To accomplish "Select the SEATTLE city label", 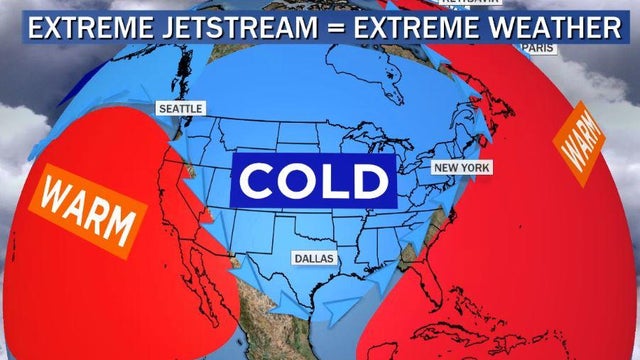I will tap(181, 108).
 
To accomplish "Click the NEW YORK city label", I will tap(461, 167).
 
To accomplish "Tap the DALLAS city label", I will tap(315, 258).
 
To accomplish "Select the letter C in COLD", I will tap(257, 181).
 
